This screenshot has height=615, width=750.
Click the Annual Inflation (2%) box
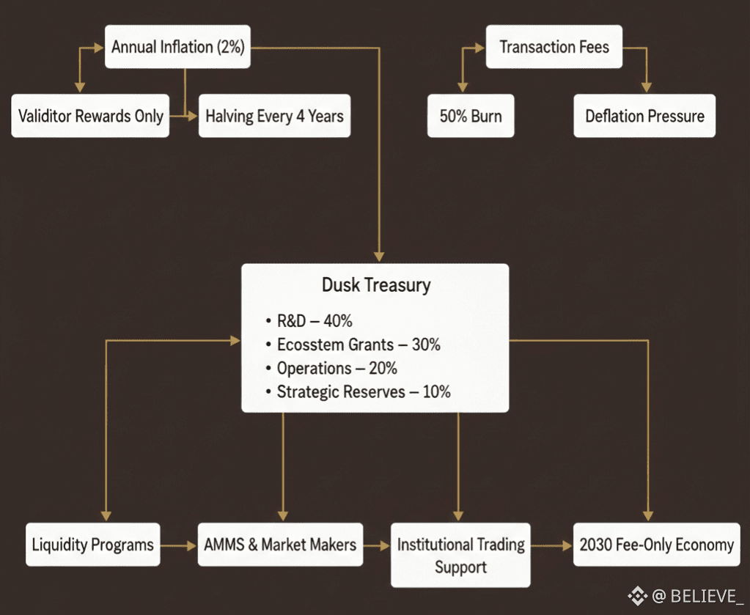(178, 48)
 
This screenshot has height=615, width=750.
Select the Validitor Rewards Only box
(90, 116)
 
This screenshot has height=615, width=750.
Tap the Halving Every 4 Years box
(274, 116)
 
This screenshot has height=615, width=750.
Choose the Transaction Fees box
(554, 48)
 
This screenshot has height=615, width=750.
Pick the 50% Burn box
(471, 116)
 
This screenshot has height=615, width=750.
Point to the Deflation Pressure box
(644, 116)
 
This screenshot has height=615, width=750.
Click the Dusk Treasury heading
(376, 285)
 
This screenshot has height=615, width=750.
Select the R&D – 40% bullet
(314, 321)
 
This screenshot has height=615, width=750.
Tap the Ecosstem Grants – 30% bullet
(358, 345)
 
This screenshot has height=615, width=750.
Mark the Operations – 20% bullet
(337, 368)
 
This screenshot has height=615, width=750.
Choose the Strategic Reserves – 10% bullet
(363, 391)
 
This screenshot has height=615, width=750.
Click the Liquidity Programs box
(92, 545)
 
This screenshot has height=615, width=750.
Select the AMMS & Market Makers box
(280, 545)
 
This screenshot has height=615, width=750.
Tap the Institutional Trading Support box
(460, 555)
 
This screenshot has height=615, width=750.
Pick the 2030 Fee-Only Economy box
(656, 545)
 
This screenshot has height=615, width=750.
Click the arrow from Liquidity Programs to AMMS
(178, 546)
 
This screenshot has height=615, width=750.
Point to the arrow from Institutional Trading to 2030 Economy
(551, 546)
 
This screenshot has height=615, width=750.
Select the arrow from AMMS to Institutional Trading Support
(376, 546)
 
